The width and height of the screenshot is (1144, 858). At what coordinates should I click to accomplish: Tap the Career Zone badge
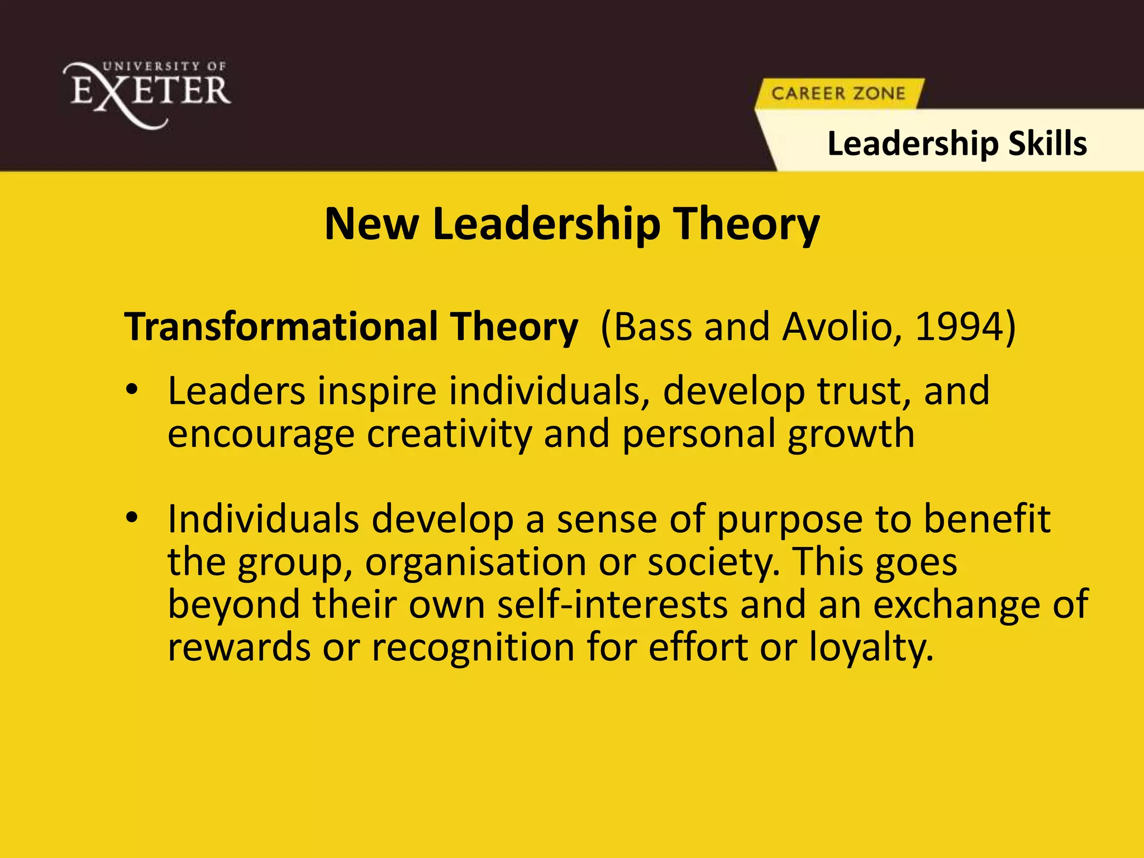click(x=838, y=93)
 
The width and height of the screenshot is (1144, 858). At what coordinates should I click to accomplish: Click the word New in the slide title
click(x=371, y=224)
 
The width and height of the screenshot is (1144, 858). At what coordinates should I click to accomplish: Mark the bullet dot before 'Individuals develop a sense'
click(x=132, y=518)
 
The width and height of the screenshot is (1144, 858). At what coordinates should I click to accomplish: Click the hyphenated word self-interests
click(x=612, y=605)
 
